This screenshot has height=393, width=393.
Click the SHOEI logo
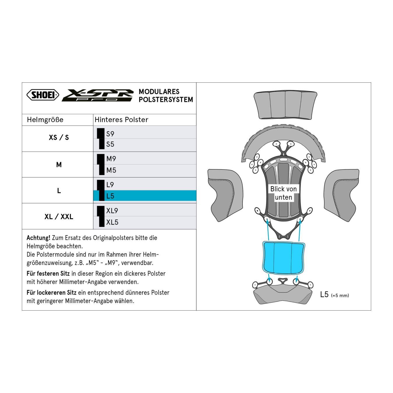43,95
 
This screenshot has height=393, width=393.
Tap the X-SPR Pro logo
98,95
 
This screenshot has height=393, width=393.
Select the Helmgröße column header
45,120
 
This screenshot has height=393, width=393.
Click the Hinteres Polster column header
121,120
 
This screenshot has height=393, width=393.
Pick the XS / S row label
59,137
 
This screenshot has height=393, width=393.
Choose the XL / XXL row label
59,217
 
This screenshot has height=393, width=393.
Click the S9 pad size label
110,134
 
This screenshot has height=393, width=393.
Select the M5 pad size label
111,170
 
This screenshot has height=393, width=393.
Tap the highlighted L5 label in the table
110,196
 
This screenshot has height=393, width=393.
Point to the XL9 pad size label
112,210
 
